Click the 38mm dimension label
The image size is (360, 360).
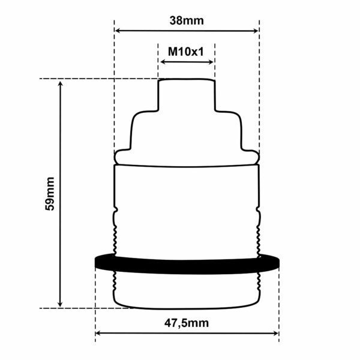pos(187,20)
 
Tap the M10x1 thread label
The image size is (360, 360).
pos(186,52)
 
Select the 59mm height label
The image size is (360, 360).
pos(50,194)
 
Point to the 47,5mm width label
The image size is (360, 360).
pos(187,323)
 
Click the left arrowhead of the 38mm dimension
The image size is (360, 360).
pos(118,31)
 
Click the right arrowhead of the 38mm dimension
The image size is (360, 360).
pos(256,31)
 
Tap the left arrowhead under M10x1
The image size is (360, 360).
pos(163,62)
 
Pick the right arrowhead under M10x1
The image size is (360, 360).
pos(211,62)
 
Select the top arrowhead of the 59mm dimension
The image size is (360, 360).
pos(61,84)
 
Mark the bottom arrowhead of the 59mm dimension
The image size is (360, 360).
pos(60,304)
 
